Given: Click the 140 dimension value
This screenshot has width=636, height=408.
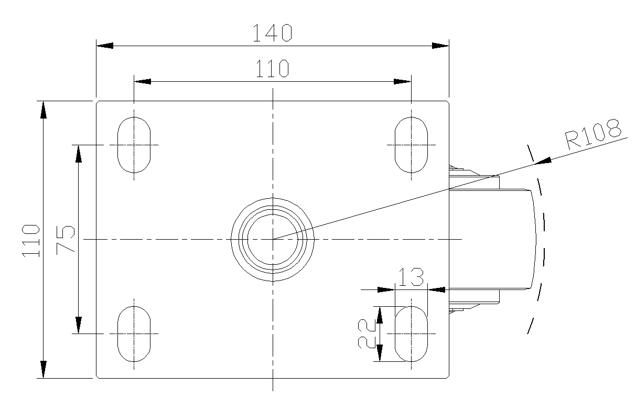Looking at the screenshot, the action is (272, 33).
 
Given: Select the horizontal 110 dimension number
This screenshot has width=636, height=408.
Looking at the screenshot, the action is (272, 69).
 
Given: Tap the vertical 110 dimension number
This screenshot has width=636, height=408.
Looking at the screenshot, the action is (31, 241).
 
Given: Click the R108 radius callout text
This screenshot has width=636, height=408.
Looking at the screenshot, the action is (593, 134).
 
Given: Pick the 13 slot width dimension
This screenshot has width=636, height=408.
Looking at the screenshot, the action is (411, 277).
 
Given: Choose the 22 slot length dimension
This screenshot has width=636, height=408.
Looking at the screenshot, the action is (366, 334).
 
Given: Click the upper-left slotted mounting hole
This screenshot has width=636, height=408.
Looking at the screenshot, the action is (134, 145).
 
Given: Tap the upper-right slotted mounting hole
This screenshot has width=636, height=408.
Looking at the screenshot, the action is (411, 145).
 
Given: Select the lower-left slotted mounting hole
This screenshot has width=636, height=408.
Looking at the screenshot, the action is (134, 334).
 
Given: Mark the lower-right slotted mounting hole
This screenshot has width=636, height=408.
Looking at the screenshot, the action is (411, 334).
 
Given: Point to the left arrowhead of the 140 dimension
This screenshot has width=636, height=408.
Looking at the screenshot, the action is (105, 46).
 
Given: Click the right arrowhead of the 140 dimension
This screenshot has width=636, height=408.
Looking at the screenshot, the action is (440, 46).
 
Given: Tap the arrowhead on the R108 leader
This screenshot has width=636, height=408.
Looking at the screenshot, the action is (543, 161).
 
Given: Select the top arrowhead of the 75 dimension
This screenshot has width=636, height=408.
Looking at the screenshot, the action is (79, 154).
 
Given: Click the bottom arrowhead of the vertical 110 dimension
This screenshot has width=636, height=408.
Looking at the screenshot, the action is (43, 369).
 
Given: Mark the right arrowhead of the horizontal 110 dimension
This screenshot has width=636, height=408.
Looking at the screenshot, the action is (402, 82).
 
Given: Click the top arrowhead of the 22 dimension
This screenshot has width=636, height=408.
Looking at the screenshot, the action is (380, 315).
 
